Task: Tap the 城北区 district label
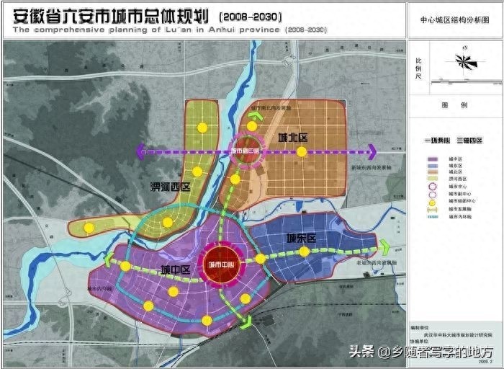pos(292,137)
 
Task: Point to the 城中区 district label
pos(175,270)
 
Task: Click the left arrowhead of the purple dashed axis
pos(140,151)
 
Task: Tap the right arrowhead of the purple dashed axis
pos(372,151)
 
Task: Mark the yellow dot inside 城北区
pos(302,152)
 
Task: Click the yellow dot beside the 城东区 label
pos(305,252)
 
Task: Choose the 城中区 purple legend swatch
pos(433,159)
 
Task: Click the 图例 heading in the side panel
pos(454,105)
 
